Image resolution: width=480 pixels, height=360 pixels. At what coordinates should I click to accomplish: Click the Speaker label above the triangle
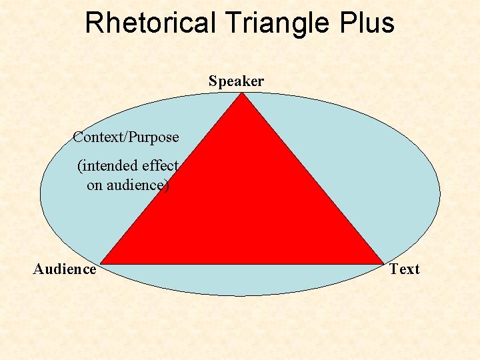(236, 81)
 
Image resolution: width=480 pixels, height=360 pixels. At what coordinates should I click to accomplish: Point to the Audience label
(65, 269)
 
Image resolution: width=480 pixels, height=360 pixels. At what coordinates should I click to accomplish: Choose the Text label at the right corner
(405, 269)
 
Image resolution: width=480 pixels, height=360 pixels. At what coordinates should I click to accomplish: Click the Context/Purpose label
(126, 137)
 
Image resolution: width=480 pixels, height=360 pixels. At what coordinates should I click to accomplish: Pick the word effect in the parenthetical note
(160, 165)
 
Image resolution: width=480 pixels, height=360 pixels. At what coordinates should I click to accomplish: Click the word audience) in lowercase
(137, 185)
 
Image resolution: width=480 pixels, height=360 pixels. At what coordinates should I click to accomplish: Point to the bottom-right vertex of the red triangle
(383, 263)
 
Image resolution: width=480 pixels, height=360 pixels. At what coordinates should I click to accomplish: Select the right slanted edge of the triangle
(313, 179)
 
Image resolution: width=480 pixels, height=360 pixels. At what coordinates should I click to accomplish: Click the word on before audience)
(94, 185)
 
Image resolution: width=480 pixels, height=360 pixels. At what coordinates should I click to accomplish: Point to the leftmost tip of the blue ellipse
(41, 193)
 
